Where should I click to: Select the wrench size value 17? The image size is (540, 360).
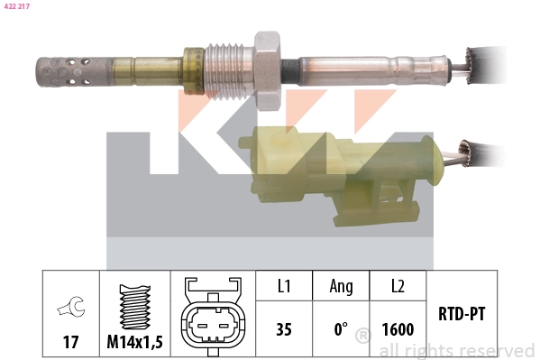69,343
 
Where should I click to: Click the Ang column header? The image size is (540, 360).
341,286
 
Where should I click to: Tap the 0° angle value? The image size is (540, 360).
341,329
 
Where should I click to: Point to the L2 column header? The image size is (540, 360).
397,286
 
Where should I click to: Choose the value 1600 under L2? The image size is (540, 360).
397,329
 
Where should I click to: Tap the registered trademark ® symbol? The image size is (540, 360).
363,337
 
